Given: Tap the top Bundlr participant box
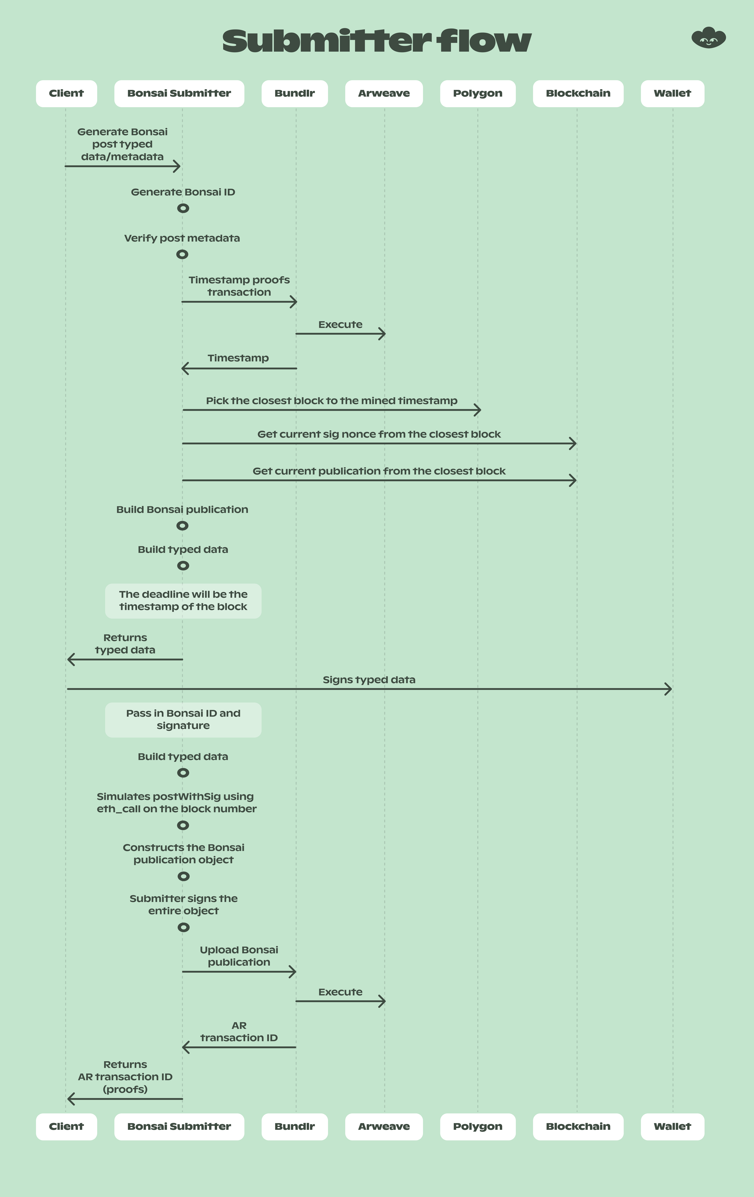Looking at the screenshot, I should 295,93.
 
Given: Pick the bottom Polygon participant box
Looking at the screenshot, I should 478,1126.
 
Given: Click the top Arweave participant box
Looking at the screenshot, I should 384,93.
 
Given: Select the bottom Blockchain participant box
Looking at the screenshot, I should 578,1126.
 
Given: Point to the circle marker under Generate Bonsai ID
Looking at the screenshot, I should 183,208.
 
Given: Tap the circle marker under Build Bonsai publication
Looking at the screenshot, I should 182,525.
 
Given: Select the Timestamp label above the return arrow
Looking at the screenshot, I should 238,358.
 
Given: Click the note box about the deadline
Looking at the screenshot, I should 183,600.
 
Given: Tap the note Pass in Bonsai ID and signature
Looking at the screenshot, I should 183,719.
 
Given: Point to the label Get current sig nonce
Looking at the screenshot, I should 379,434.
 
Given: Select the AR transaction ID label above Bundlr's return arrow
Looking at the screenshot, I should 239,1032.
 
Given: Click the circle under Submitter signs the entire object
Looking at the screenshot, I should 183,927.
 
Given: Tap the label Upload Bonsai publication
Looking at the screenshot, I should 239,956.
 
